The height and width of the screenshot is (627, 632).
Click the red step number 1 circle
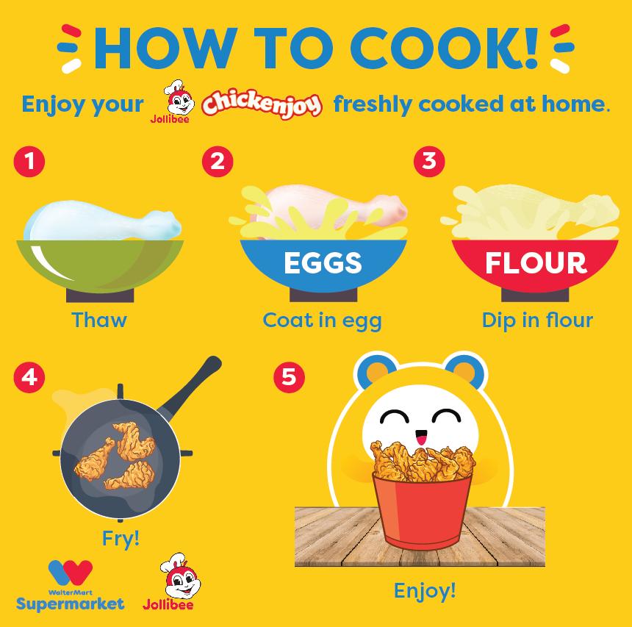29,162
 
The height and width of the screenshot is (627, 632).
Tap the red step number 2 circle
218,162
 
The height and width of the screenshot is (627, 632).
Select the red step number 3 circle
429,162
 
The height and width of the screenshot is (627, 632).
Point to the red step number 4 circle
29,377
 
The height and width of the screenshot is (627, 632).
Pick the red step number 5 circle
289,377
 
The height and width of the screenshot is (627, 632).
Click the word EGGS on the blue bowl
323,263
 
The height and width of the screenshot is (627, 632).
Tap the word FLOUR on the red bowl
536,263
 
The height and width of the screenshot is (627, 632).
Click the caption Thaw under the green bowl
99,320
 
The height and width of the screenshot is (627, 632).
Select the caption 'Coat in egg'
322,321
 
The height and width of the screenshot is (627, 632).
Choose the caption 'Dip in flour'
537,320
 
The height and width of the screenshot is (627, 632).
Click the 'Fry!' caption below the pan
121,539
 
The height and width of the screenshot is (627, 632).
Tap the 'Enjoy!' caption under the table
425,591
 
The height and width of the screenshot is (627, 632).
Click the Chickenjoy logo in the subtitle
262,103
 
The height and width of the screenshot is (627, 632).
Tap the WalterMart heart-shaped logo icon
71,573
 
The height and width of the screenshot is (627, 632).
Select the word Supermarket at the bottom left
70,604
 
